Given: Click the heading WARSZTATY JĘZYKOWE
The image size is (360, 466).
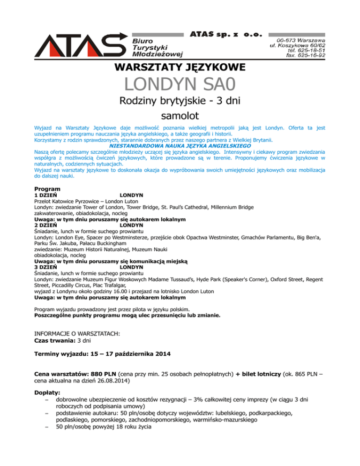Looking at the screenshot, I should point(180,68).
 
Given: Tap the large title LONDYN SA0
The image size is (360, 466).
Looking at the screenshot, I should point(180,86).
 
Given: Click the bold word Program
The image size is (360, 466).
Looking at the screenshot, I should point(47,188).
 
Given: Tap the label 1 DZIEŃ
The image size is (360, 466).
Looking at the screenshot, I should point(47,194).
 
